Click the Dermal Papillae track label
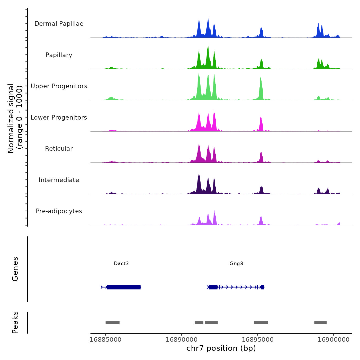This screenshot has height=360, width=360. pos(59,24)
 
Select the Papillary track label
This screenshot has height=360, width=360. pos(59,55)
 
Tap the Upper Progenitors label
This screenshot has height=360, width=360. pos(59,86)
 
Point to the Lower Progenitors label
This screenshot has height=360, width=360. pos(59,118)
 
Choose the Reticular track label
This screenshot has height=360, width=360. pos(59,149)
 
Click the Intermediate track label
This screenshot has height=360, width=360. pos(59,180)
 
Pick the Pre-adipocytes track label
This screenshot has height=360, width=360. pos(59,211)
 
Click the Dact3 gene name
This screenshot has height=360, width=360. pos(121,263)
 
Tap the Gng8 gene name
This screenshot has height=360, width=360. pos(236,263)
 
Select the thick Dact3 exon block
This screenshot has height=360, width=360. pos(124,287)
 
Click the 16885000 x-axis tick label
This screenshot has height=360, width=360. pos(105,339)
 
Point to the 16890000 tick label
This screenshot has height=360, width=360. pos(182,339)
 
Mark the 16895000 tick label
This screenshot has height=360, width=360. pos(258,339)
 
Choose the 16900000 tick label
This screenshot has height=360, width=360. pos(334,339)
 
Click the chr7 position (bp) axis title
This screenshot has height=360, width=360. pos(221,348)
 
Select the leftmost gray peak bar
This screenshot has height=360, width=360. pos(113,323)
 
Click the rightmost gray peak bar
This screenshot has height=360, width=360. pos(320,323)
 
